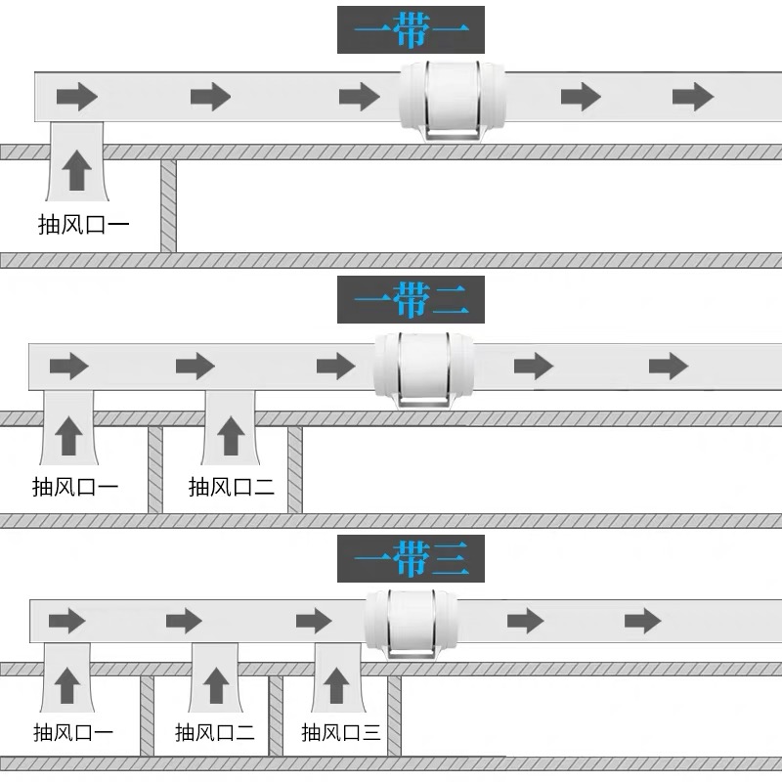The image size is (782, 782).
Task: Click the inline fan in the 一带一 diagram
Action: [x=453, y=98]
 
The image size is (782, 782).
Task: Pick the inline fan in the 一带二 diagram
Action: [x=423, y=367]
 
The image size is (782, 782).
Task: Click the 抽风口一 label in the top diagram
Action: [x=83, y=224]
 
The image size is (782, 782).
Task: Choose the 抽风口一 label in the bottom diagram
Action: [x=73, y=732]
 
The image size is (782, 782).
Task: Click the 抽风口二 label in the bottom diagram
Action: [x=215, y=732]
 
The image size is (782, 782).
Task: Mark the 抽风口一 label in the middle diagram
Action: [x=75, y=486]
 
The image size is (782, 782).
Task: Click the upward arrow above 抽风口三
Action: [x=335, y=682]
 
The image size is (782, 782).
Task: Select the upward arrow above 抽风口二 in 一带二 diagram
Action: [x=230, y=435]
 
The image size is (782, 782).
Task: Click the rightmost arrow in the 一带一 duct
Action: [x=693, y=97]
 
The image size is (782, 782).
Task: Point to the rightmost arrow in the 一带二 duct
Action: [x=669, y=367]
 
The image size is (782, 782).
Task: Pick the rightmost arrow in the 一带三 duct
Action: [x=643, y=620]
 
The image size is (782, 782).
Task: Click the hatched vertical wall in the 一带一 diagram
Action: [x=168, y=206]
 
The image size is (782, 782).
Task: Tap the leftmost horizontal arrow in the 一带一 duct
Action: [x=77, y=97]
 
